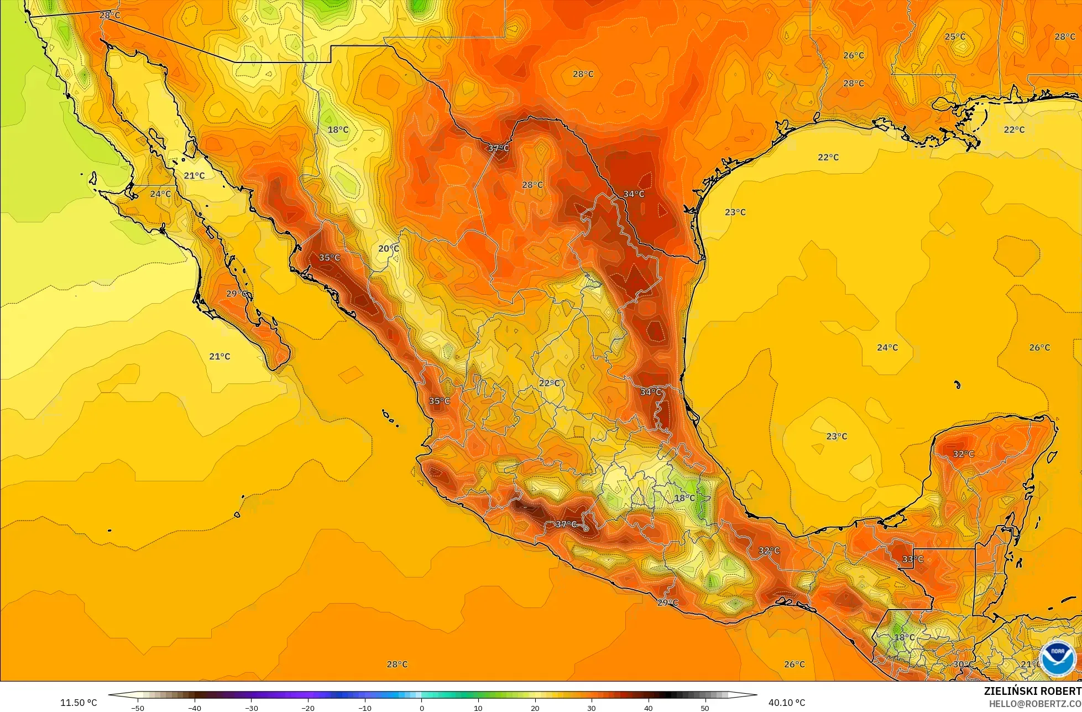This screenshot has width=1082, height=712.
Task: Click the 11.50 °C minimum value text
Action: click(79, 703)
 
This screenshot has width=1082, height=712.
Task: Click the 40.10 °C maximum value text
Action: click(786, 703)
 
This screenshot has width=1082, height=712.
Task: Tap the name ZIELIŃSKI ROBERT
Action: click(1032, 691)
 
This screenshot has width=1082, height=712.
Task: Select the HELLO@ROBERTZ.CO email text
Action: click(1035, 704)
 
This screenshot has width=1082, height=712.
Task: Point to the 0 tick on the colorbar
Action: click(421, 708)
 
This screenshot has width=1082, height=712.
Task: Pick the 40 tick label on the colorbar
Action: click(648, 708)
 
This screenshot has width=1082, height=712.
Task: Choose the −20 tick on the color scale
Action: click(307, 708)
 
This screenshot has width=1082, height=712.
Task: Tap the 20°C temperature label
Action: click(388, 248)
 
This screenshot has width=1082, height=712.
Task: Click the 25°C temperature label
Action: click(955, 37)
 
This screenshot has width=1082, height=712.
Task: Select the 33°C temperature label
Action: click(912, 559)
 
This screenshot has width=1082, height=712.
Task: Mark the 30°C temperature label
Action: click(964, 664)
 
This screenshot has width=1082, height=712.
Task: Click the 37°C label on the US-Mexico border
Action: click(498, 148)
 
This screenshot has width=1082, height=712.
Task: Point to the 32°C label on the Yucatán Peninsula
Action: click(963, 454)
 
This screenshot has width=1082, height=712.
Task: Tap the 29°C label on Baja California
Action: click(237, 293)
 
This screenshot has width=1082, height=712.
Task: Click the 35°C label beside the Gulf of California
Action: click(330, 257)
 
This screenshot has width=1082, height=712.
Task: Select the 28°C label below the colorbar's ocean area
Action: click(397, 664)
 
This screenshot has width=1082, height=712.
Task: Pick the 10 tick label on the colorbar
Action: click(478, 708)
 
